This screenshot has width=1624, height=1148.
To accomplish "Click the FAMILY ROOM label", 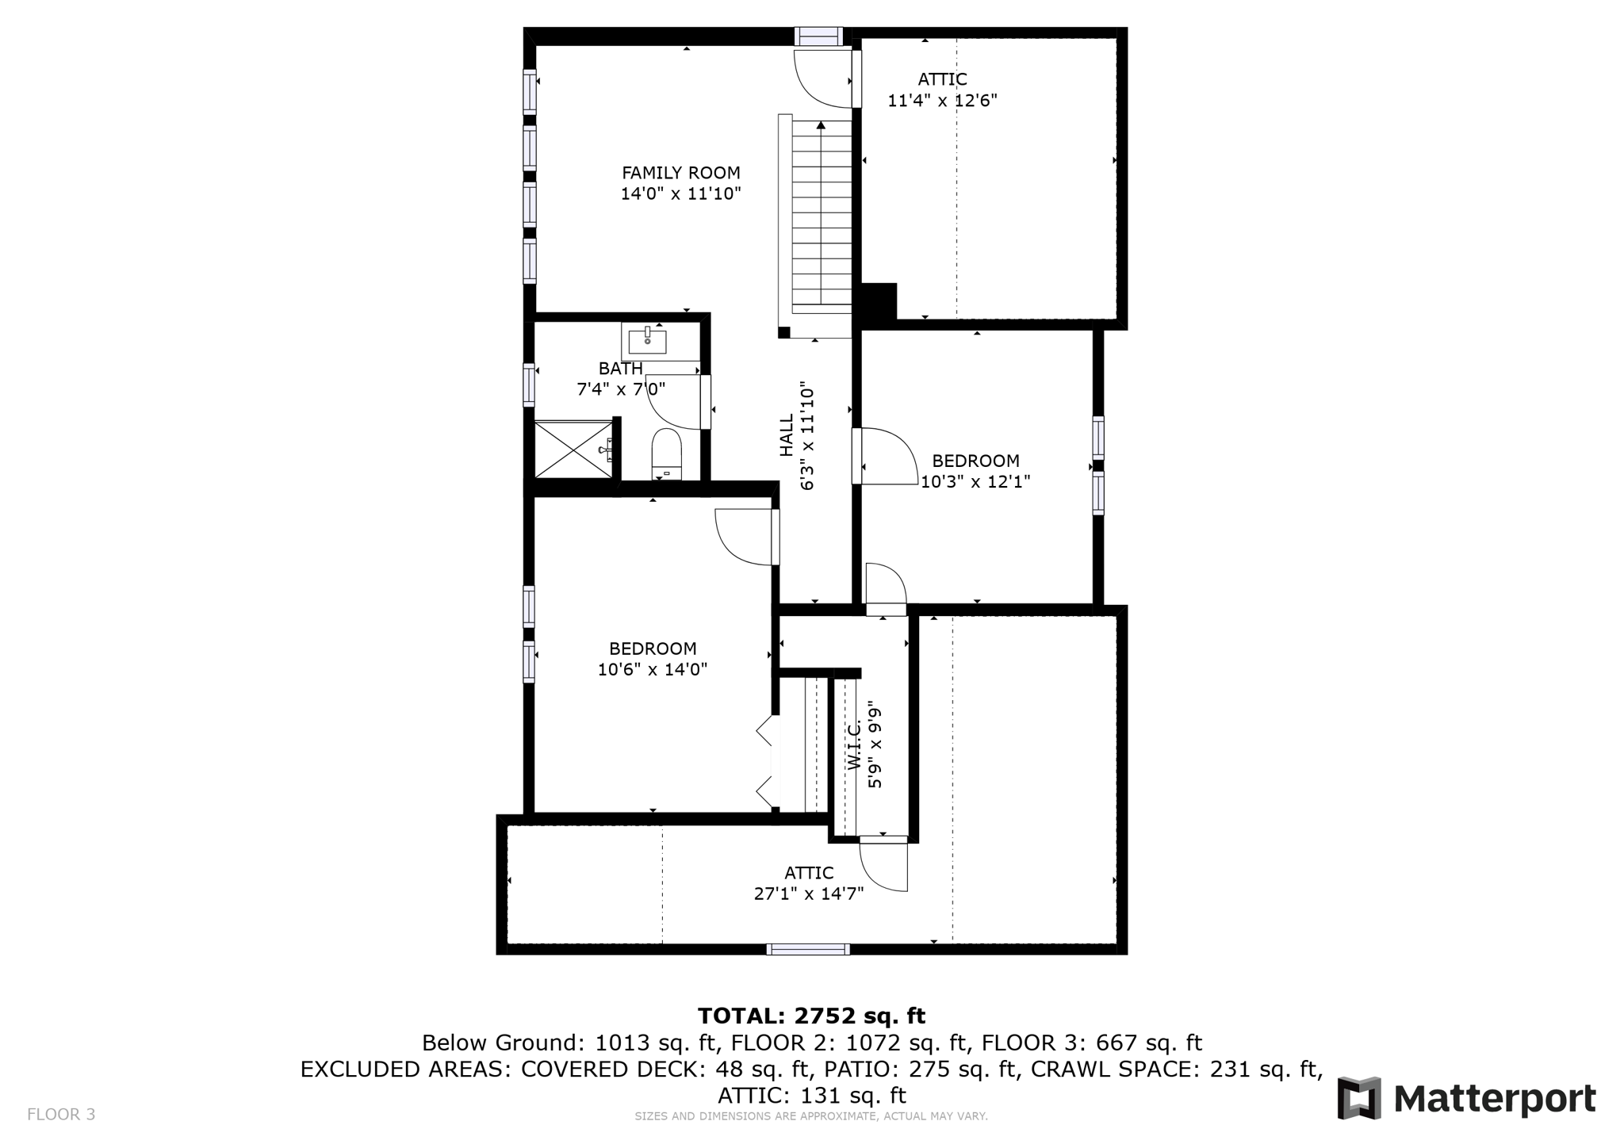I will (x=680, y=173).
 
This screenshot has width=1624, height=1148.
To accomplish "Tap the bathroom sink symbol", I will (x=647, y=342).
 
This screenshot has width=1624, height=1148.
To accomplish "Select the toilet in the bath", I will (x=666, y=454).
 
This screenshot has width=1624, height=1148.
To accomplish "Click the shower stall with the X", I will (x=573, y=450).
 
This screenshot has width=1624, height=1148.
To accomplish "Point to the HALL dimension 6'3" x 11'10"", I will (x=807, y=437).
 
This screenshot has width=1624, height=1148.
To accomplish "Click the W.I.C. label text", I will (x=854, y=745).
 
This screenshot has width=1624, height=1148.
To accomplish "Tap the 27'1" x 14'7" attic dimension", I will (x=808, y=894).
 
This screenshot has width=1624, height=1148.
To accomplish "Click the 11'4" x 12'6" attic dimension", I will (x=942, y=101).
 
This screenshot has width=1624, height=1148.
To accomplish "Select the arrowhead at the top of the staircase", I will (x=821, y=125).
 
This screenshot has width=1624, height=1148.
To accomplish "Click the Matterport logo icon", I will (x=1359, y=1098).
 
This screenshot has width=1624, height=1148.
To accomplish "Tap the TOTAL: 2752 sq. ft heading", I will (x=811, y=1016).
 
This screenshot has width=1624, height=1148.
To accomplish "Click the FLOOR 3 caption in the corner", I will (x=61, y=1115).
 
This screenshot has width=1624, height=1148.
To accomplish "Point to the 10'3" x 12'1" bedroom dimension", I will (x=975, y=481).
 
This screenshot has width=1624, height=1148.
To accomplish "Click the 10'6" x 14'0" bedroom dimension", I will (x=652, y=669).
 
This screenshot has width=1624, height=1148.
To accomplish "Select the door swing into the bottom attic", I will (x=882, y=866).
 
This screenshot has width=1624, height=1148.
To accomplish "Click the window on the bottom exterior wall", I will (x=808, y=949).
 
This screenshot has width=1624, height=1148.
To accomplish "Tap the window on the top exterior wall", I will (x=819, y=36).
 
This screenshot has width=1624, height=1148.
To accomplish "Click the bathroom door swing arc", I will (x=671, y=403).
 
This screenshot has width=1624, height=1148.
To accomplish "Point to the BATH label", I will (x=620, y=369).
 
